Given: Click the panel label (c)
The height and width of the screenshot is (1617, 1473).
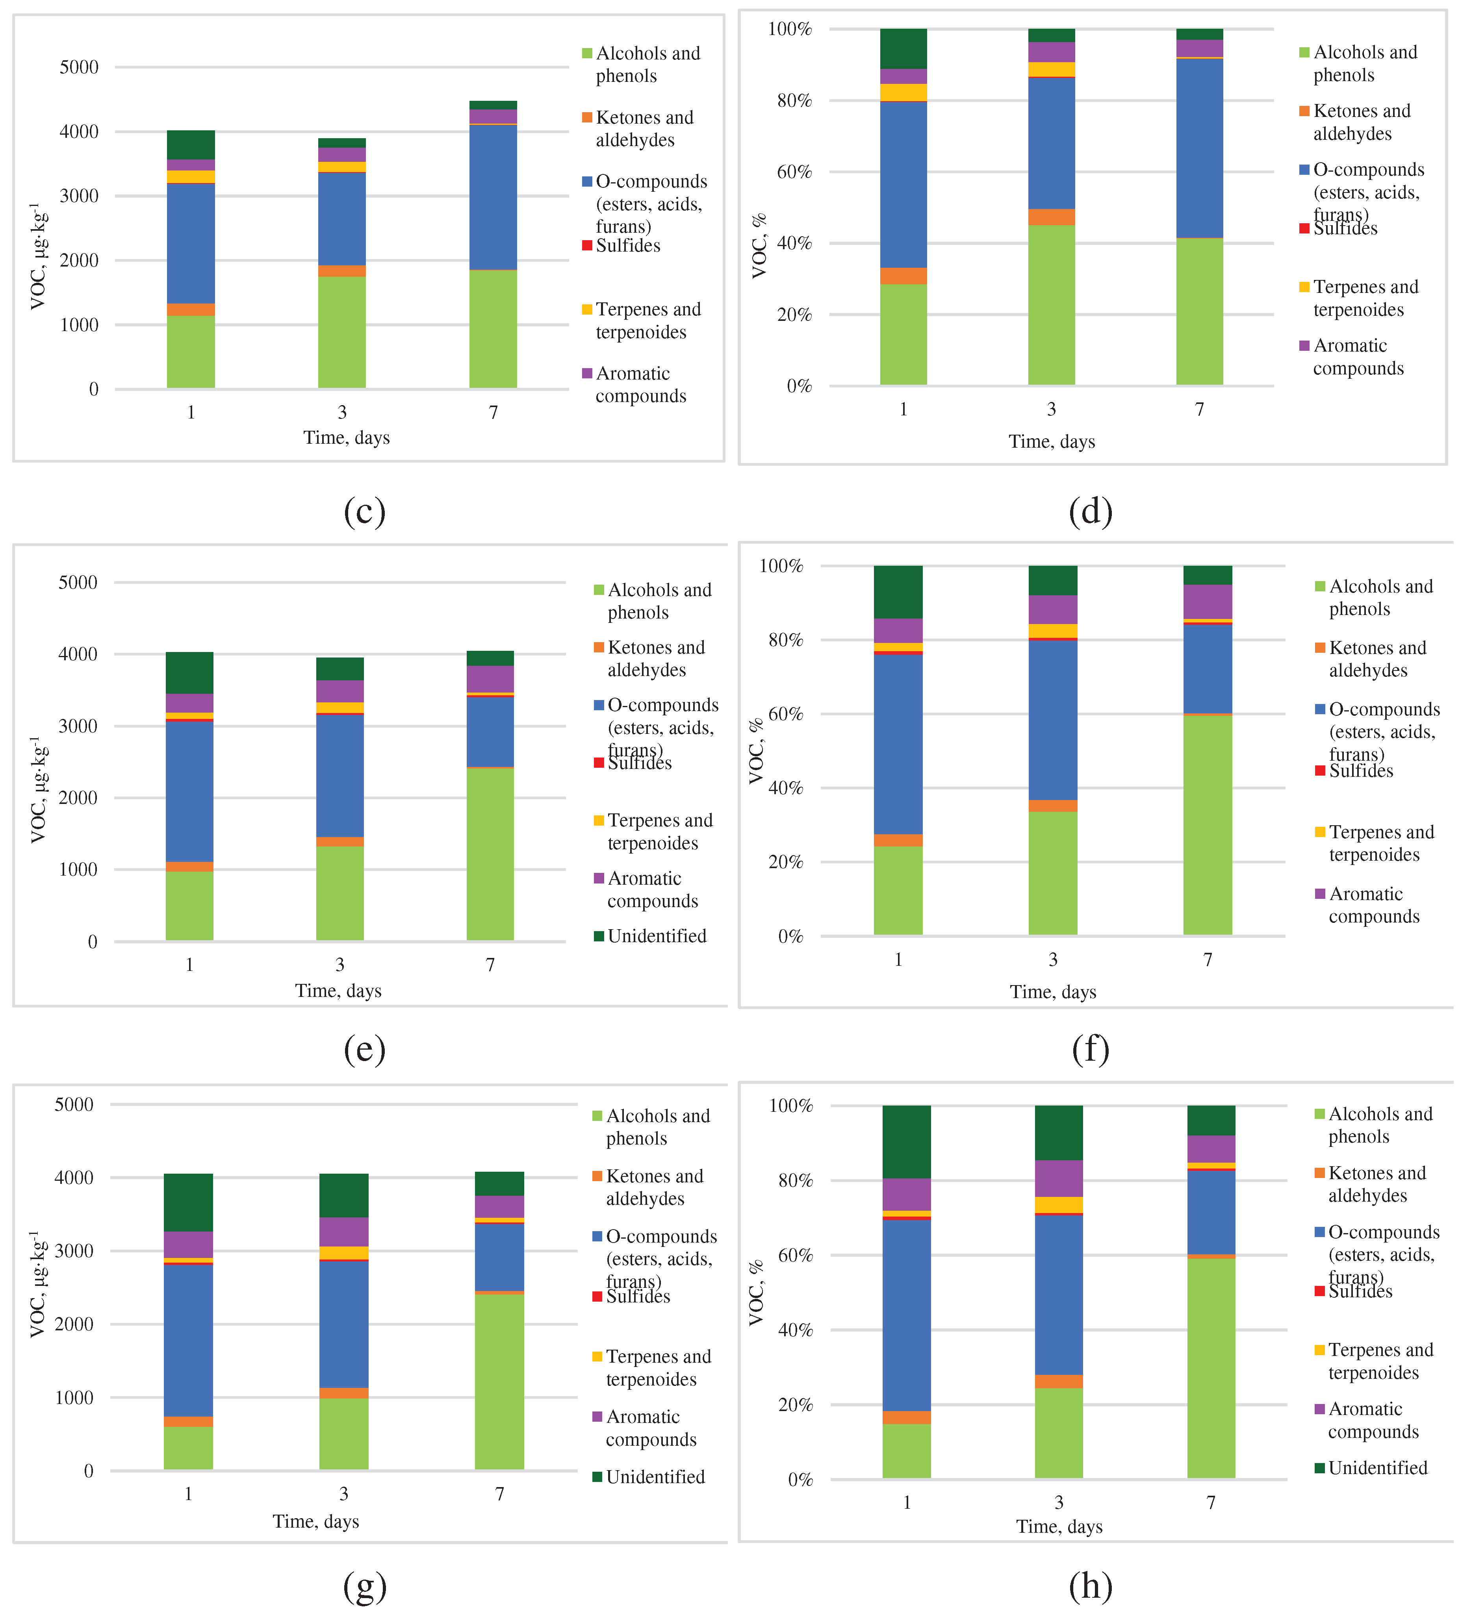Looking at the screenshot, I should pyautogui.click(x=364, y=511).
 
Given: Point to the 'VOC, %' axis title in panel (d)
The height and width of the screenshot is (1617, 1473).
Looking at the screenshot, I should pyautogui.click(x=758, y=246).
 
